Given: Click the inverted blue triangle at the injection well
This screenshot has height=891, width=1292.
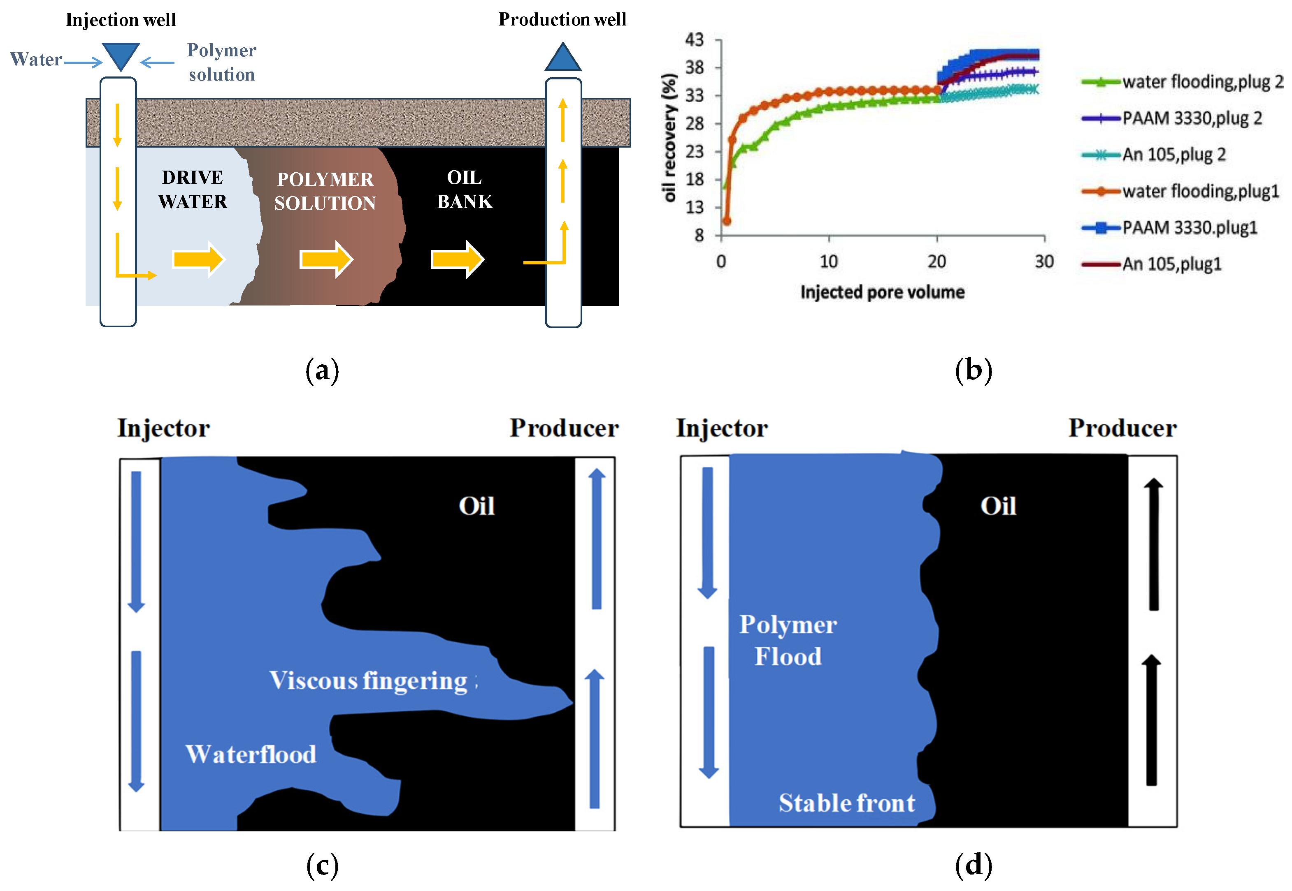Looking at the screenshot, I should click(121, 55).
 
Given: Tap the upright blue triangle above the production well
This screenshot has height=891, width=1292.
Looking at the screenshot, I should click(562, 58).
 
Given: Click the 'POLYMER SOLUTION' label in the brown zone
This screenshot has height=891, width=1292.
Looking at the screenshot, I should click(325, 191).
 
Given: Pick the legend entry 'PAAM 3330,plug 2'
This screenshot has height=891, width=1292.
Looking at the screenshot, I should click(1192, 118).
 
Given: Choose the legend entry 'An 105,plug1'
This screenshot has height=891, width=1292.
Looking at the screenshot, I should click(1171, 264).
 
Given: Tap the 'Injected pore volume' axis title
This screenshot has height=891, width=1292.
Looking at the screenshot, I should click(882, 292).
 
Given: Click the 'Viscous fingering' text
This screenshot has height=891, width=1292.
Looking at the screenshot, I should click(369, 680).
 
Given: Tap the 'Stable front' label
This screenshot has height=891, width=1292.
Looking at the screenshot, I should click(847, 803).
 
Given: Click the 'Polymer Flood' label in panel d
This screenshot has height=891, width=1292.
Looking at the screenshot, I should click(788, 640).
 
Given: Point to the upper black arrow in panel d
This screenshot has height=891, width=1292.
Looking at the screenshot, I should click(1153, 544).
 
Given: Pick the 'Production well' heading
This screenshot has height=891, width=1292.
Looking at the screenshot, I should click(562, 20).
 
